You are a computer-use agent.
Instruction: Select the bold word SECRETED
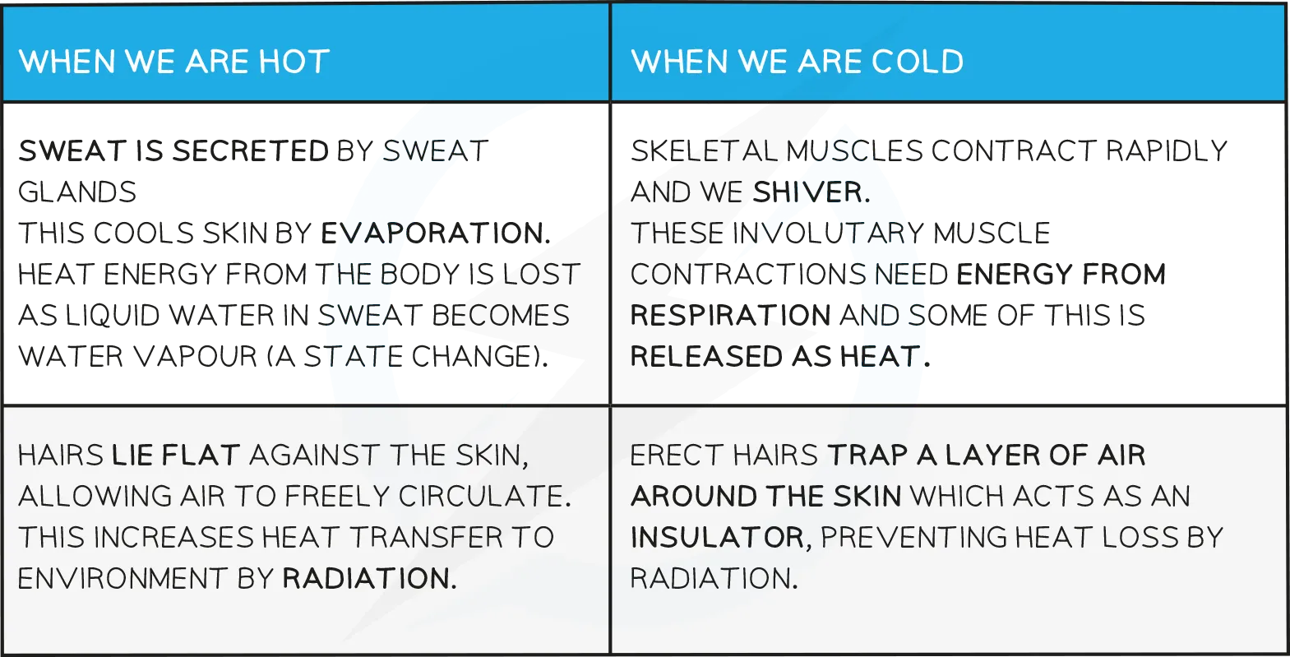tap(251, 151)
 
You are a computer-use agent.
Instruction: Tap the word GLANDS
tap(77, 192)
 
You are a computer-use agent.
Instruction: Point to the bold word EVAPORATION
tap(436, 234)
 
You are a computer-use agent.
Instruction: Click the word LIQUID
tap(113, 316)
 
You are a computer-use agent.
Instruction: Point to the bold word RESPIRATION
tap(731, 316)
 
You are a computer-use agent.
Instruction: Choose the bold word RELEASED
tap(706, 357)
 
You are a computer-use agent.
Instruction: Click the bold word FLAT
tap(201, 456)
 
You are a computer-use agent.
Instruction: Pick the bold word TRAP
tap(868, 456)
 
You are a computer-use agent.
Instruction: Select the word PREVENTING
tap(913, 538)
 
